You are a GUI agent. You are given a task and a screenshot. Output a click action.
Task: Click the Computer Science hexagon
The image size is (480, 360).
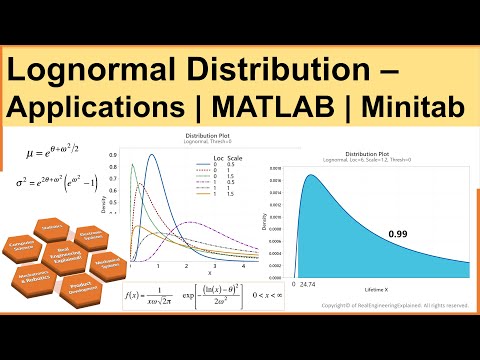(x=22, y=223)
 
